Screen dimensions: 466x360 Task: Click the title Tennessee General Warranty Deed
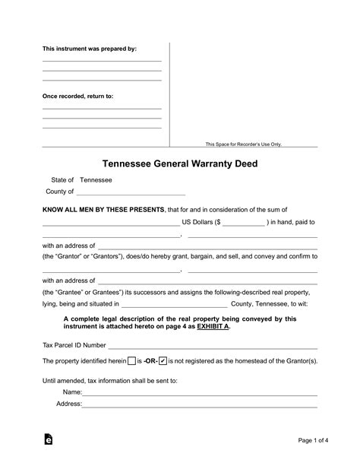point(179,163)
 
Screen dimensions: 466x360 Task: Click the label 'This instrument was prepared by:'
point(89,49)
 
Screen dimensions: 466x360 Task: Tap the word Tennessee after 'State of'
point(96,179)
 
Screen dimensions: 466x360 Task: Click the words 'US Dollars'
point(197,222)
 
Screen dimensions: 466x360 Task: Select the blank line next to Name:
point(200,393)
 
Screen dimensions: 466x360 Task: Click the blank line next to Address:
point(200,404)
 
